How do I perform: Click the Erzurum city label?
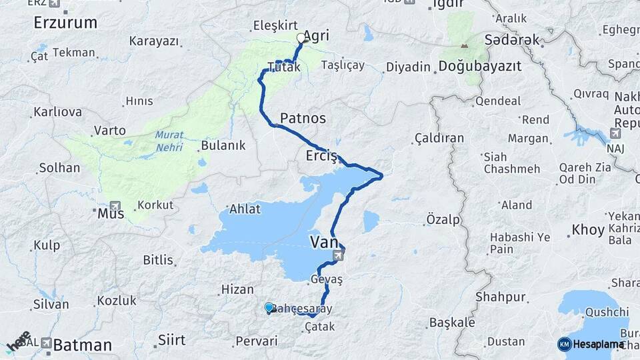pos(65,23)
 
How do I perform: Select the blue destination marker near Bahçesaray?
pos(269,307)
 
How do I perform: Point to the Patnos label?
pos(303,118)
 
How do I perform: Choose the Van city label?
pos(325,241)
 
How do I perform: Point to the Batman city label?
pos(83,345)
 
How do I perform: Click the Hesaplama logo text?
pos(599,345)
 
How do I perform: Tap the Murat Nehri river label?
pos(169,140)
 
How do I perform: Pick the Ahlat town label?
pos(244,209)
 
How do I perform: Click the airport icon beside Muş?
pos(115,206)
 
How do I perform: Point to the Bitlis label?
pos(158,260)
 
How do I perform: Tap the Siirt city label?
pos(171,340)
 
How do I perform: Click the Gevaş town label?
pos(326,280)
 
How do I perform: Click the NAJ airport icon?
pos(615,134)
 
